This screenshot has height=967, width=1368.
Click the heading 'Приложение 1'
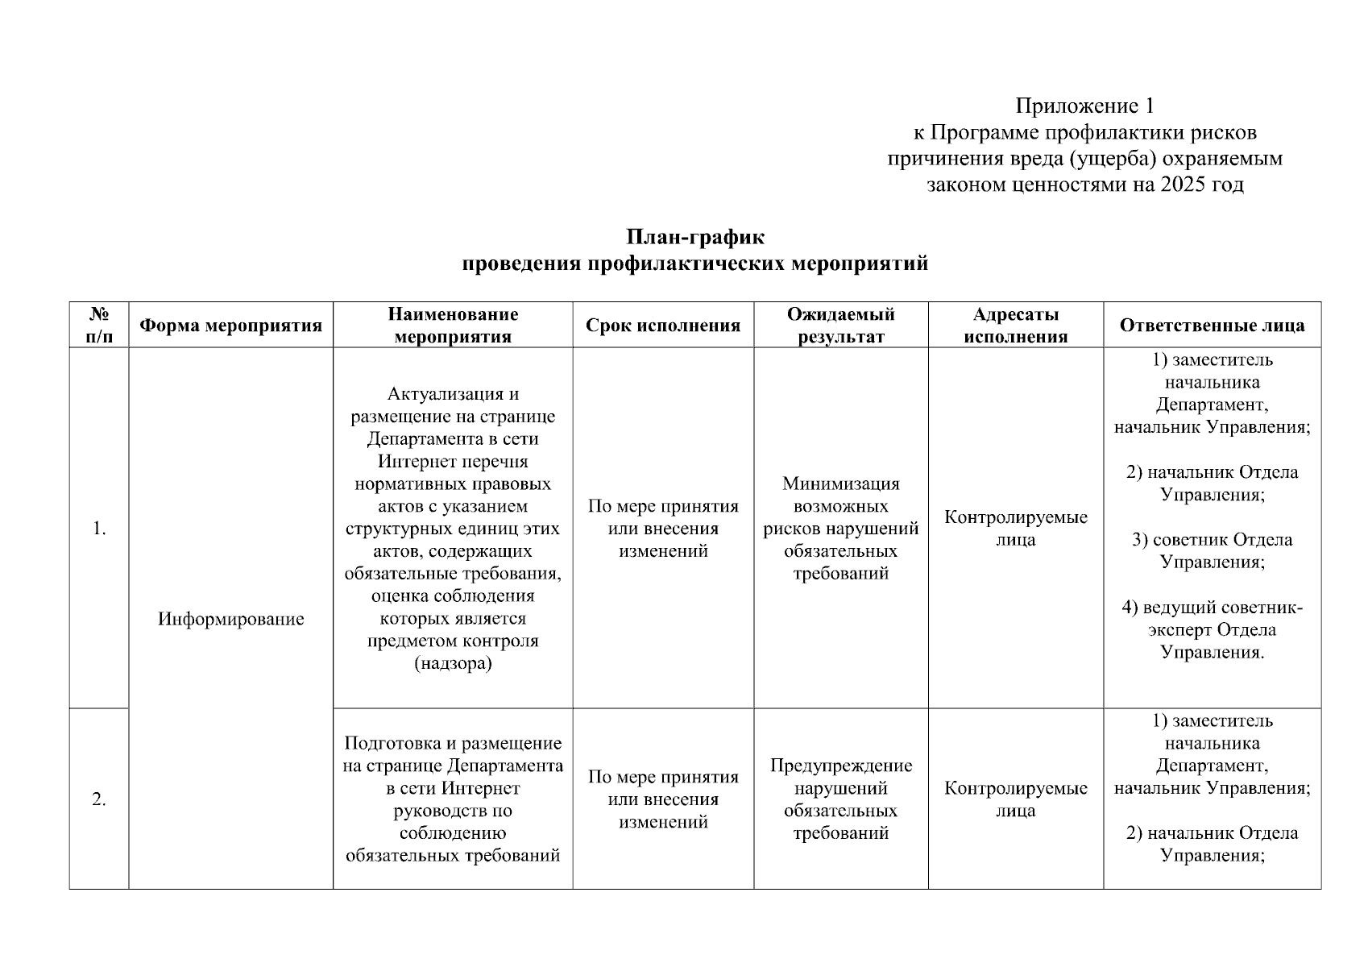tap(1084, 106)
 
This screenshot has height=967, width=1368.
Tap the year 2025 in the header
tap(1184, 185)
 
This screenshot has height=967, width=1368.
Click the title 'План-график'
tap(694, 238)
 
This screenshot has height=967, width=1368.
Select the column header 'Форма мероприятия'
tap(230, 326)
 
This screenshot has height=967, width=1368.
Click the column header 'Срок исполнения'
tap(662, 326)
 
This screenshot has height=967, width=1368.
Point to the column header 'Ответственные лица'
tap(1212, 326)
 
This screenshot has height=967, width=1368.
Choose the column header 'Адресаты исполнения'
tap(1015, 326)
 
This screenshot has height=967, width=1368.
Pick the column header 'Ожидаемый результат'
tap(840, 326)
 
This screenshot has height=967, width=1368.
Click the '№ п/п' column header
tap(98, 326)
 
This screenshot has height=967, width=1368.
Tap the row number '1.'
tap(98, 529)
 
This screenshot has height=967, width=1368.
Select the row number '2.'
tap(98, 799)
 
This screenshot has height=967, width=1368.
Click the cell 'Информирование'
tap(230, 619)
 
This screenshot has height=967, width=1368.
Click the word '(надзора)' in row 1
tap(452, 664)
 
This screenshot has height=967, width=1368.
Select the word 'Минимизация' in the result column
tap(840, 483)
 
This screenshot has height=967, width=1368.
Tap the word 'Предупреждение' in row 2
tap(840, 765)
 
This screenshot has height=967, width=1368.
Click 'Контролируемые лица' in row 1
tap(1015, 529)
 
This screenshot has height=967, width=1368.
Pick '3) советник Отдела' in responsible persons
tap(1212, 540)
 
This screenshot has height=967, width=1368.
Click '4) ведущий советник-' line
tap(1212, 608)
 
